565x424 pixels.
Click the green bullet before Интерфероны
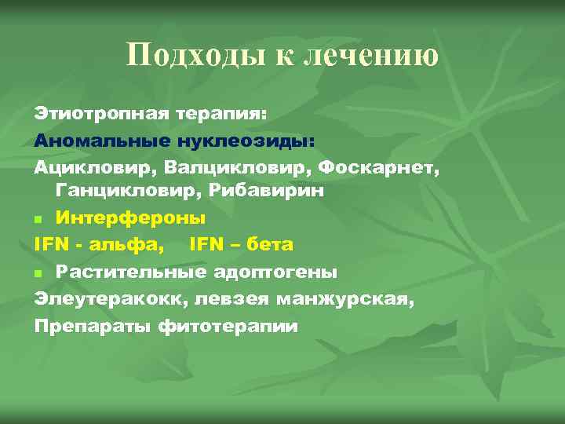click(x=38, y=219)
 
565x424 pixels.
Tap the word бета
click(x=269, y=245)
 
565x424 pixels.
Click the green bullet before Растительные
click(x=38, y=272)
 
